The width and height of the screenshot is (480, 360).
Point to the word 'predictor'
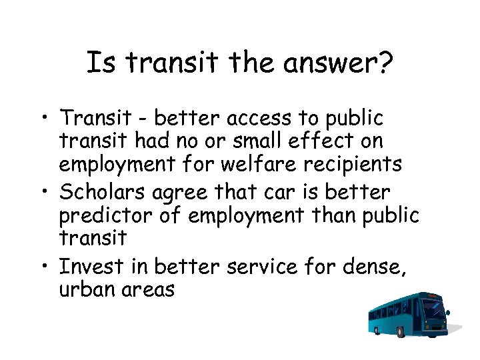(97, 215)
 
